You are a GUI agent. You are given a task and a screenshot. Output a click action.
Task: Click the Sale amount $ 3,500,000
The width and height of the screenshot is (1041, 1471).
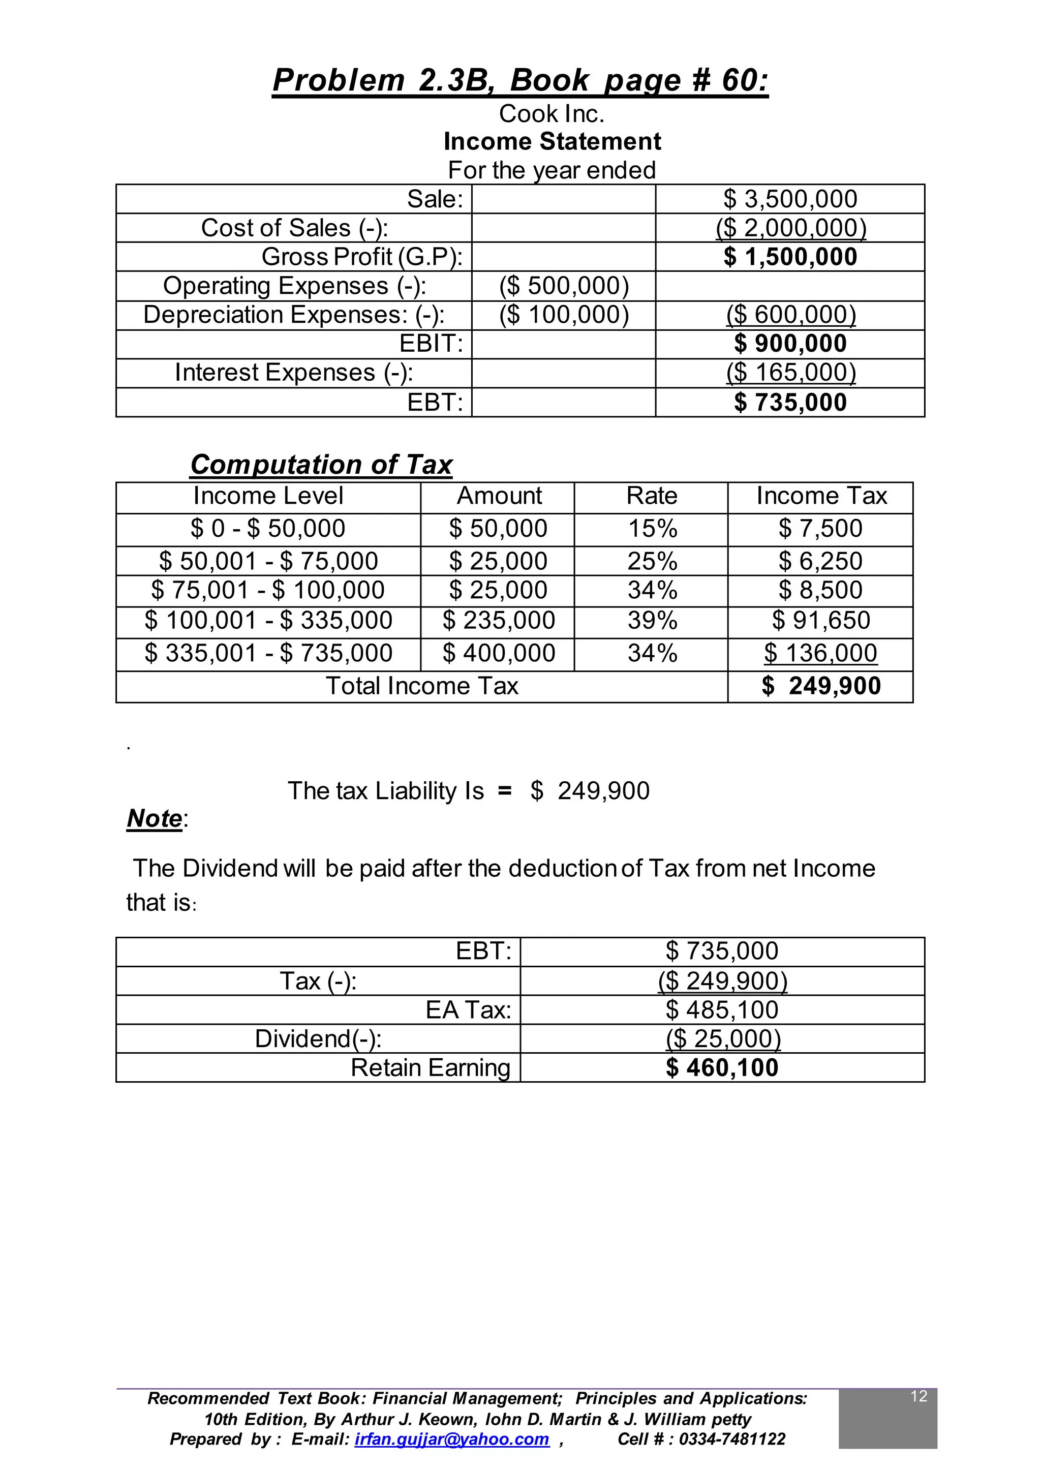click(790, 199)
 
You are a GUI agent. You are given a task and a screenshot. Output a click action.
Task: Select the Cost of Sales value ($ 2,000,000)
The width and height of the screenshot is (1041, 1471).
click(790, 228)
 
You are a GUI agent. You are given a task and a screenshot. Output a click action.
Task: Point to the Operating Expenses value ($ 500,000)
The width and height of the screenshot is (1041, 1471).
click(563, 286)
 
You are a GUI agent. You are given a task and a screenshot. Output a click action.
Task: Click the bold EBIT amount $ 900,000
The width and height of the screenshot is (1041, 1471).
click(790, 344)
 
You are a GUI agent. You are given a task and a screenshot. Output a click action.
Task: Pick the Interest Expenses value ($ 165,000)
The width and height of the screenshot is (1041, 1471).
click(790, 373)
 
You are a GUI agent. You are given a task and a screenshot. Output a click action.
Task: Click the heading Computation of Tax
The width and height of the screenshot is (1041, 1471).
click(321, 464)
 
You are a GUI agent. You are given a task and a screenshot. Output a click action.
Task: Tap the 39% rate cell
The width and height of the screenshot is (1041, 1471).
click(652, 621)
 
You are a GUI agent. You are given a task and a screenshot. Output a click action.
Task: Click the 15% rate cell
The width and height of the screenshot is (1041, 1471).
click(652, 529)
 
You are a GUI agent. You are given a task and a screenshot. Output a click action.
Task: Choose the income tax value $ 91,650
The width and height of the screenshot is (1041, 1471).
click(820, 621)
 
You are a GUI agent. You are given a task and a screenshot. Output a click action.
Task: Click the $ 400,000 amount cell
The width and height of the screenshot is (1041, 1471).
click(498, 653)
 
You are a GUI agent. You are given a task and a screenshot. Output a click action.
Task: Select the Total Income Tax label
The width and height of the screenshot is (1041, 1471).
click(422, 686)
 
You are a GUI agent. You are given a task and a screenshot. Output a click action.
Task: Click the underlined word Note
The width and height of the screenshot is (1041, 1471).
click(155, 818)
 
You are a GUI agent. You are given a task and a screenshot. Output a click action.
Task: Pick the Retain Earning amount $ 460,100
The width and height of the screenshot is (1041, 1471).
click(722, 1068)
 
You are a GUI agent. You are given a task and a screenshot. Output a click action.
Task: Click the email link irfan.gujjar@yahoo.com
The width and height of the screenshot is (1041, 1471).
click(451, 1439)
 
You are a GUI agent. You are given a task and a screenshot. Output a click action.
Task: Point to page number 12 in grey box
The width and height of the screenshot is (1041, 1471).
click(918, 1396)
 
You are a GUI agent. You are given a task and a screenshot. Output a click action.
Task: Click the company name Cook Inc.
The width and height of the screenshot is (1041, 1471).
click(552, 114)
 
